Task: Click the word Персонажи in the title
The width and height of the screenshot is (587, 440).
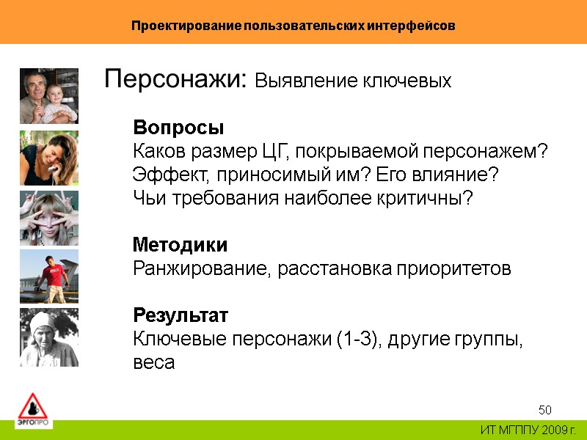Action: (172, 79)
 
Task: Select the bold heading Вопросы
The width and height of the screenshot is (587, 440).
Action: (178, 128)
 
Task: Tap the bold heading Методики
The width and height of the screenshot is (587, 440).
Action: (180, 244)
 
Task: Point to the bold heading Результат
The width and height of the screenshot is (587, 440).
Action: (181, 315)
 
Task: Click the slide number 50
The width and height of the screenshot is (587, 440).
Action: (545, 409)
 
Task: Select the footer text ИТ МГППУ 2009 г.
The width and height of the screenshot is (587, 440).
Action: (528, 429)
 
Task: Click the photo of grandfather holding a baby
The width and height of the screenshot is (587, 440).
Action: (48, 96)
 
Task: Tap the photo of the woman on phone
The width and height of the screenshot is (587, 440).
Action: (48, 157)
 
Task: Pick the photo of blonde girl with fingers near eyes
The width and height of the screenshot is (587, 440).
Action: (48, 218)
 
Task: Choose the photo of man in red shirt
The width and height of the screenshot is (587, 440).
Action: (48, 276)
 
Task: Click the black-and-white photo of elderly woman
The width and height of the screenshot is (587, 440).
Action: (48, 337)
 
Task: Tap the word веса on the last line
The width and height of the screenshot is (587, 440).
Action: (154, 363)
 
